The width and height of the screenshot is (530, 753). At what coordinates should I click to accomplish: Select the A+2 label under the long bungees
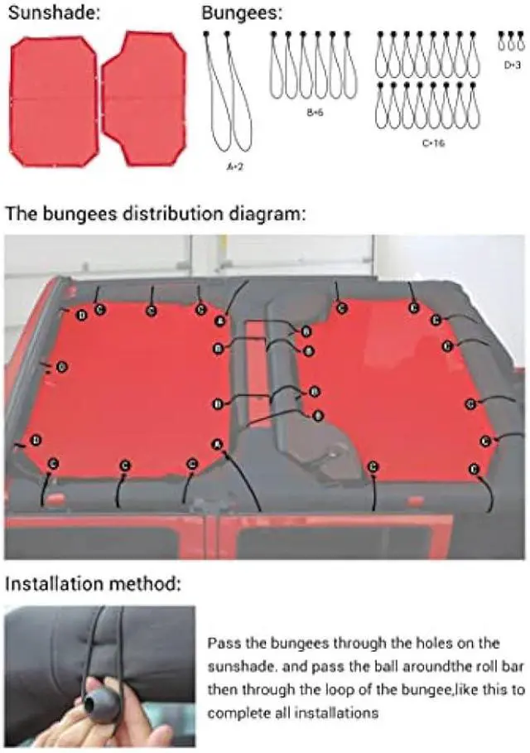pos(234,167)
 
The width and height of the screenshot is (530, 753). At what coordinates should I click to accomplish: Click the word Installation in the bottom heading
pos(51,584)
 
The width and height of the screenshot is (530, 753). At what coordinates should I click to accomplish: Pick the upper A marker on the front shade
pos(220,321)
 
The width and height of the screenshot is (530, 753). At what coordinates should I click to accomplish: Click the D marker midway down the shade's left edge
pos(63,366)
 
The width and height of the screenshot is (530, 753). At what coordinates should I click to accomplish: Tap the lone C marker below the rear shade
pos(374,468)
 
